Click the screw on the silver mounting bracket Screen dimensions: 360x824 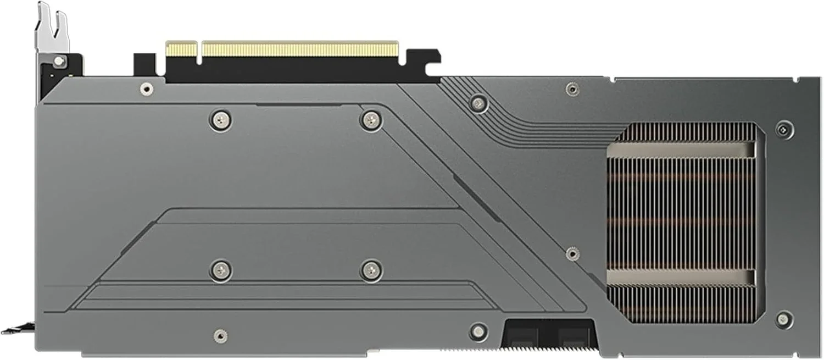(59, 60)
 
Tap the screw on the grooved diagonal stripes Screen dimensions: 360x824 (478, 102)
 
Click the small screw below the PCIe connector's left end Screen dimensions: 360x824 (146, 88)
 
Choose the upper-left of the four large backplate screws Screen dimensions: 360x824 (220, 118)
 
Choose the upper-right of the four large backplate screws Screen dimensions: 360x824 (371, 118)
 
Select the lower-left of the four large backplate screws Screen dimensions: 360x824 (220, 269)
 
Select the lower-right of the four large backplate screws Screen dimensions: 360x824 (371, 269)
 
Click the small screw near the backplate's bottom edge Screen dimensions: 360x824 (220, 335)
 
